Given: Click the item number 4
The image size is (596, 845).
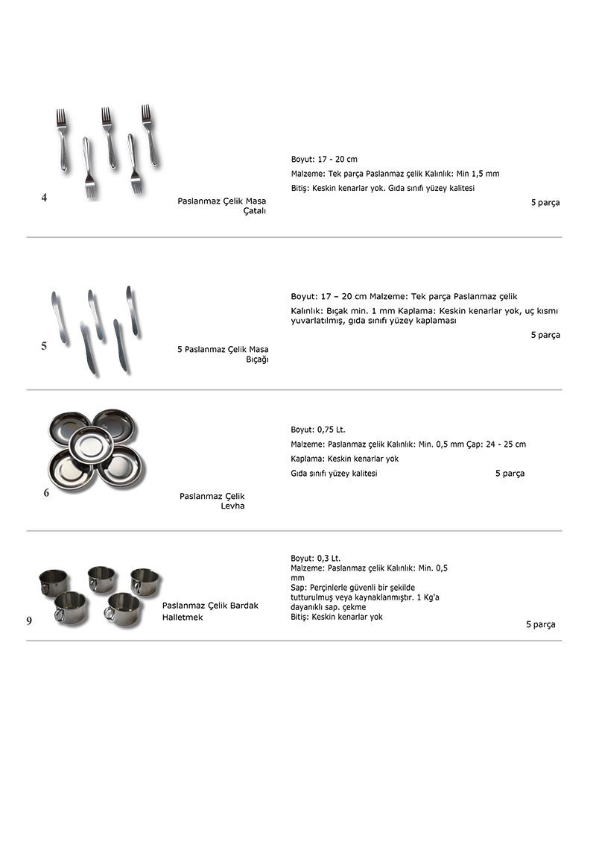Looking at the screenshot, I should [x=45, y=198].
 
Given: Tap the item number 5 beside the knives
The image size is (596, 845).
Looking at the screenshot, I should [x=44, y=346].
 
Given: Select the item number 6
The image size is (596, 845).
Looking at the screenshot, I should [x=46, y=492].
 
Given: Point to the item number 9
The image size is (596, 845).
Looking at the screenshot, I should [x=29, y=621].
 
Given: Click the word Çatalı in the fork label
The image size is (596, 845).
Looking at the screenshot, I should [x=255, y=211].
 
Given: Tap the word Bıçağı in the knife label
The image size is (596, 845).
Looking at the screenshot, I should [x=257, y=359].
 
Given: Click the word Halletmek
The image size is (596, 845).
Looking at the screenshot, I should [x=183, y=618].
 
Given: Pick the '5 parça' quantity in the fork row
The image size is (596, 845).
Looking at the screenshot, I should [x=545, y=203].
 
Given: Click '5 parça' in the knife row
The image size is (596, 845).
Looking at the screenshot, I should [x=545, y=335].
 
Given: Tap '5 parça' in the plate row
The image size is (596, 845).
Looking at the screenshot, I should [x=510, y=474].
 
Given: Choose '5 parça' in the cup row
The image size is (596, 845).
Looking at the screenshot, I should [x=540, y=625].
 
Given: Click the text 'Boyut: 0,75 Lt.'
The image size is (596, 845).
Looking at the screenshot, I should [x=318, y=430].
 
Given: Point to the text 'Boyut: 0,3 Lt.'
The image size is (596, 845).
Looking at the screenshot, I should [x=315, y=558].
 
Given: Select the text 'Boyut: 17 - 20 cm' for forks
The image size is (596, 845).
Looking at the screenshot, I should [x=324, y=160].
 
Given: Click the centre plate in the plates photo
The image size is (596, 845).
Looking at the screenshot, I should [x=91, y=444].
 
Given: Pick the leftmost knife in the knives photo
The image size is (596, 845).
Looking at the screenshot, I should [x=59, y=318].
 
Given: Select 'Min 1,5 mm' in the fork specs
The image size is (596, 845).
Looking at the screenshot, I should [x=474, y=174].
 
